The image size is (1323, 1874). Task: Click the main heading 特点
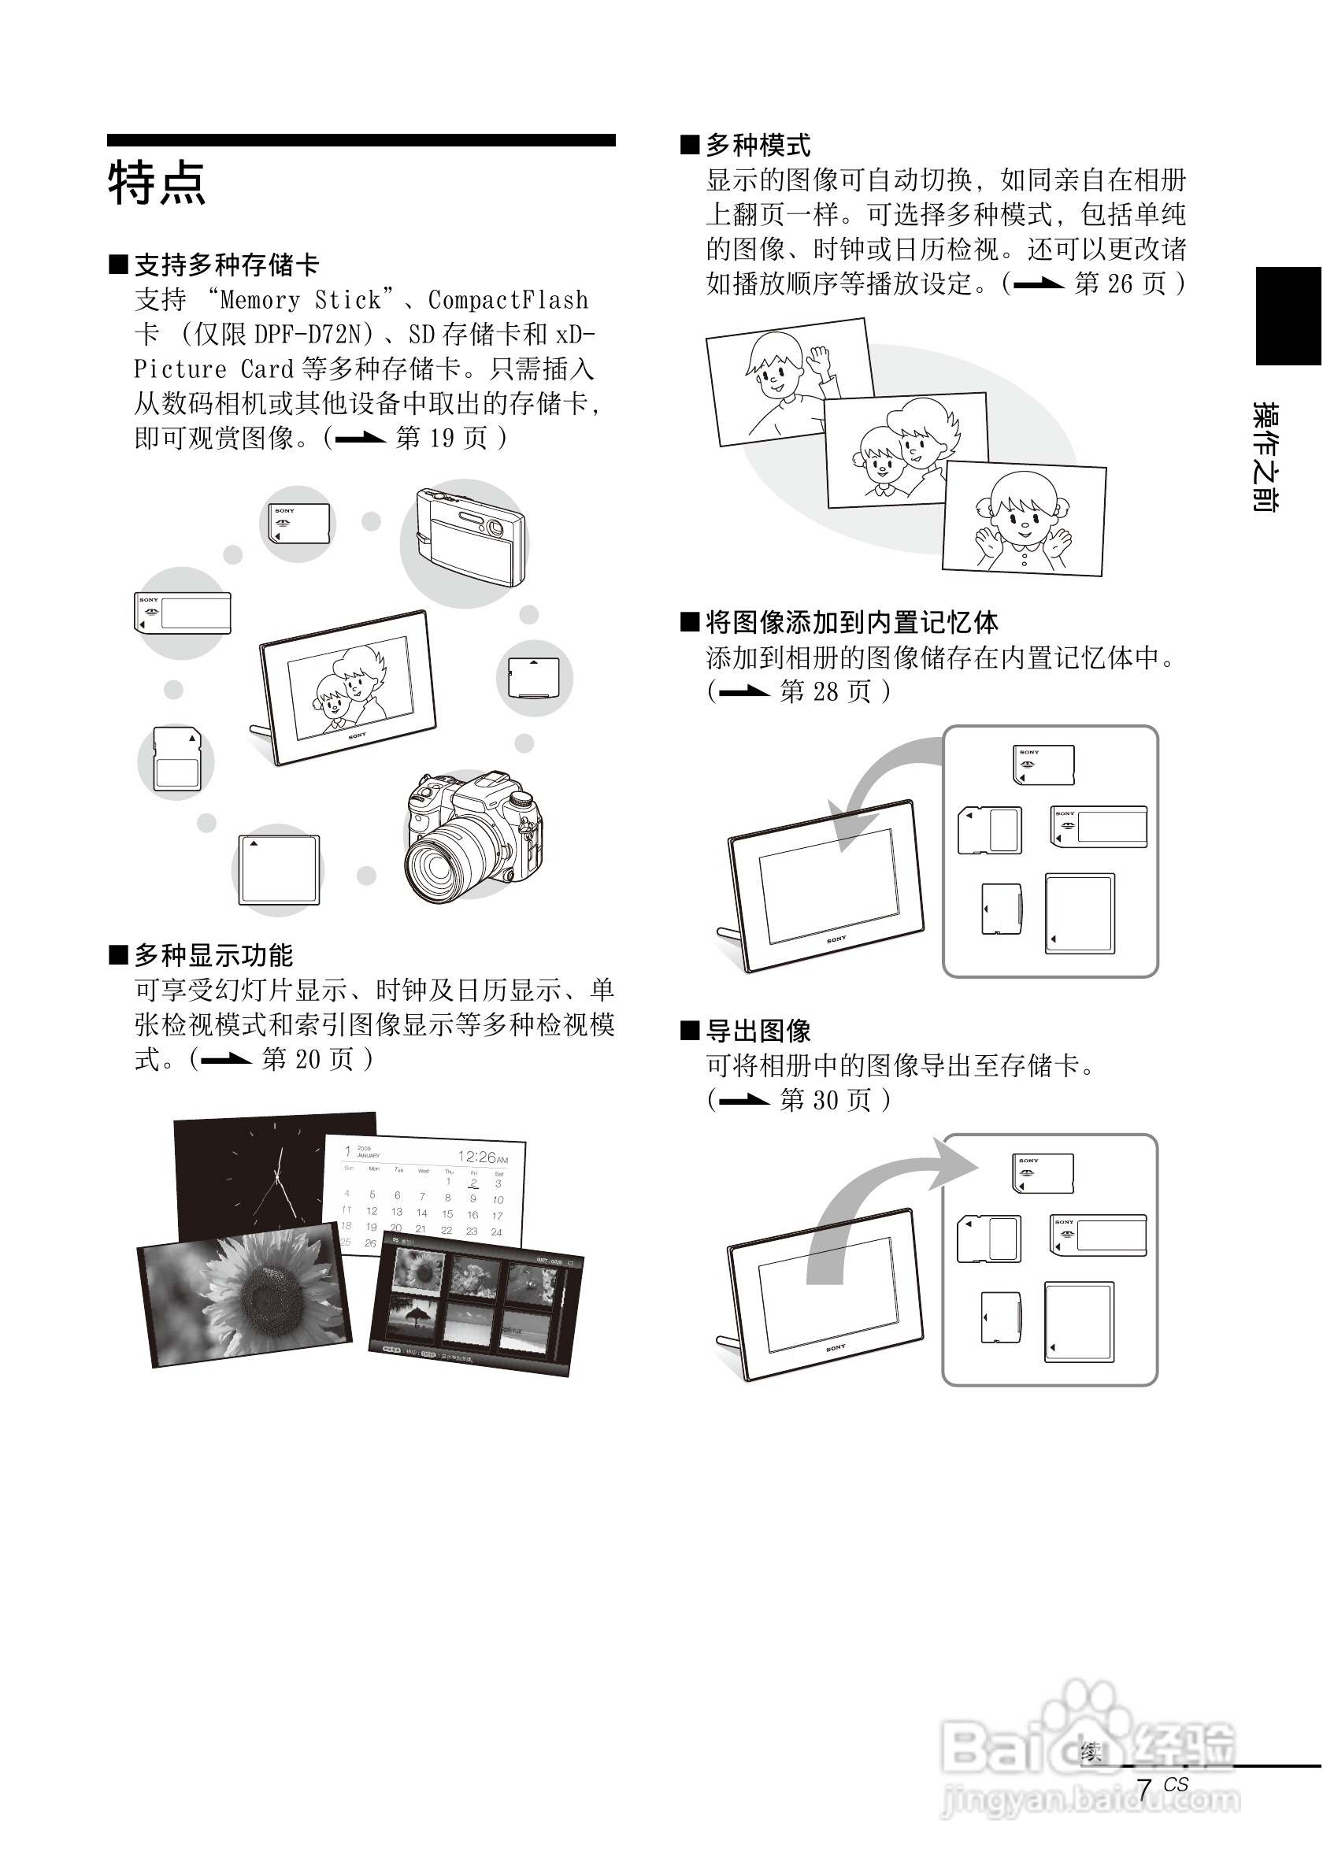coord(156,183)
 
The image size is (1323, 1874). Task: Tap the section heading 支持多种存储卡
coord(226,265)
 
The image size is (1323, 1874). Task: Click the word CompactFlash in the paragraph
coord(508,300)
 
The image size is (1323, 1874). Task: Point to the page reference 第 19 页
coord(441,439)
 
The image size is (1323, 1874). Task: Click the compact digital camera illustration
coord(469,536)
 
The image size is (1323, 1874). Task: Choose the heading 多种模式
coord(758,146)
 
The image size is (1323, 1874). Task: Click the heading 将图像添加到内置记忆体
coord(851,623)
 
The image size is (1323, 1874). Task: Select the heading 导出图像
coord(758,1031)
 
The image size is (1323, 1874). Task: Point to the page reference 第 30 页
coord(825,1100)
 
